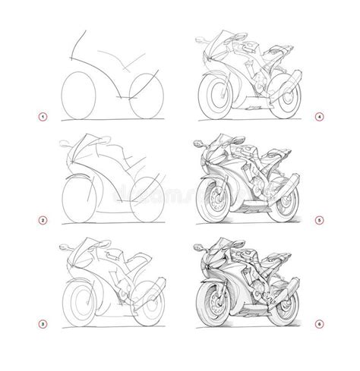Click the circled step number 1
(x=43, y=116)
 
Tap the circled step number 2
(x=43, y=221)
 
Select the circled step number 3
(x=43, y=324)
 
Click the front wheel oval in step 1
(x=79, y=96)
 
